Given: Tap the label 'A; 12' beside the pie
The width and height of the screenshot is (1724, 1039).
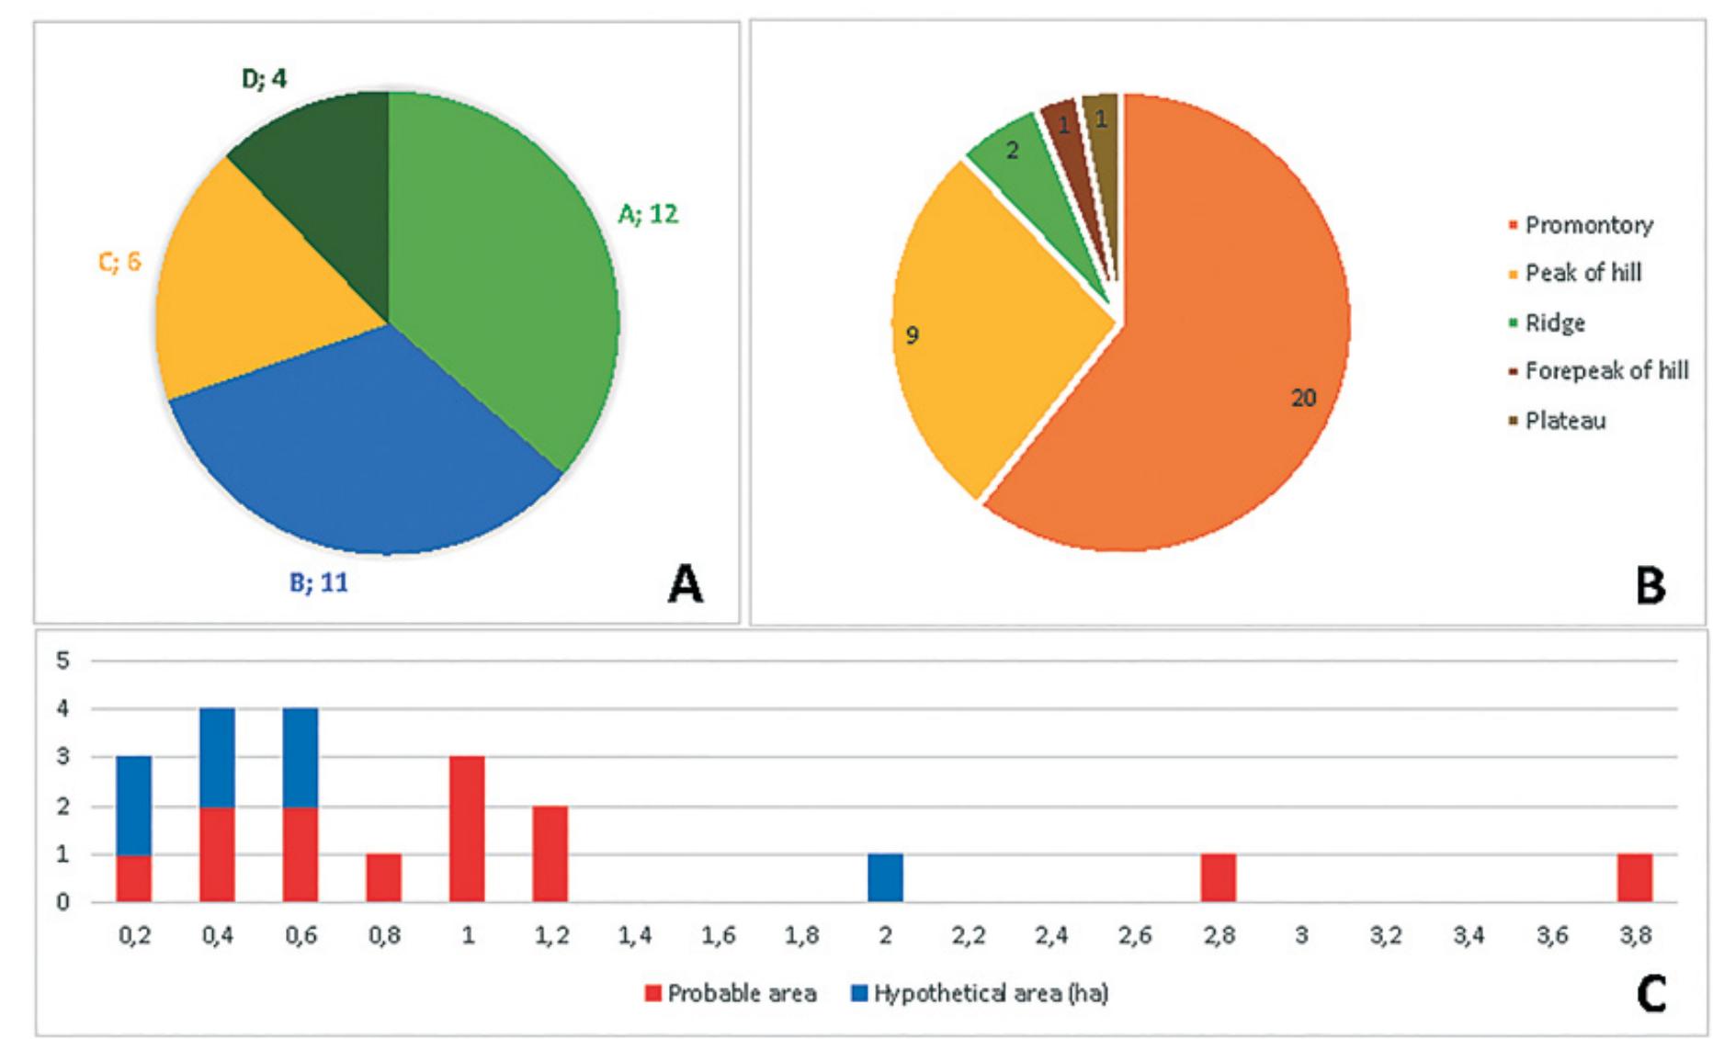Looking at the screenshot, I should [648, 214].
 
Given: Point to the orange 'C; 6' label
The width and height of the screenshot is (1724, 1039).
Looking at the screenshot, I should [119, 262].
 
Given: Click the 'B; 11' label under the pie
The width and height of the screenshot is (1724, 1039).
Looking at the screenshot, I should [319, 582].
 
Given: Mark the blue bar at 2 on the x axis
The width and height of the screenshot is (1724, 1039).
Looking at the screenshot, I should [885, 877].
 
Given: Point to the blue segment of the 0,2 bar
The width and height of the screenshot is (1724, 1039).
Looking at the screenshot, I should [134, 804].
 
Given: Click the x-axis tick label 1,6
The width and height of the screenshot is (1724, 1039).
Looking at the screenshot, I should [718, 936].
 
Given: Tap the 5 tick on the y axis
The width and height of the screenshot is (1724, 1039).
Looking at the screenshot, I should [62, 661].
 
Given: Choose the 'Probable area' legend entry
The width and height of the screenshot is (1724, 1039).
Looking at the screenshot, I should [731, 993].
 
